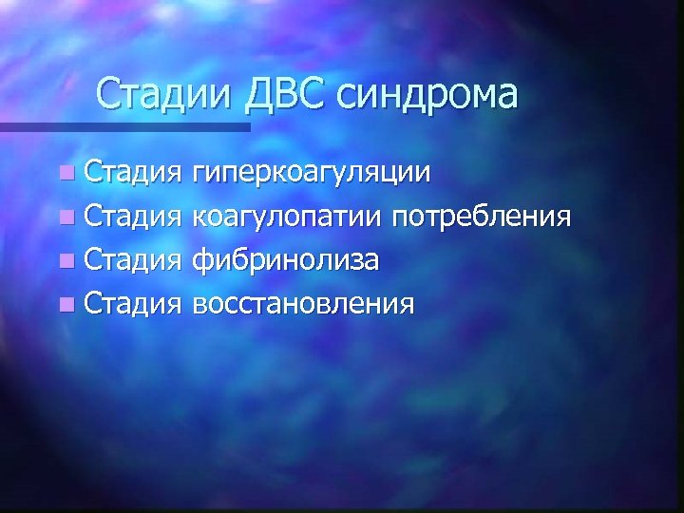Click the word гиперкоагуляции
click(x=310, y=176)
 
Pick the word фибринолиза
click(x=287, y=261)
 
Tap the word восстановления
click(x=303, y=304)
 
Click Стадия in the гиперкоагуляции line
click(x=132, y=176)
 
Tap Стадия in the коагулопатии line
click(x=132, y=218)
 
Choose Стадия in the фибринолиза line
click(x=132, y=261)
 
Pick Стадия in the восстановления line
click(x=132, y=304)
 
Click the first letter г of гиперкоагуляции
click(x=198, y=176)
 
